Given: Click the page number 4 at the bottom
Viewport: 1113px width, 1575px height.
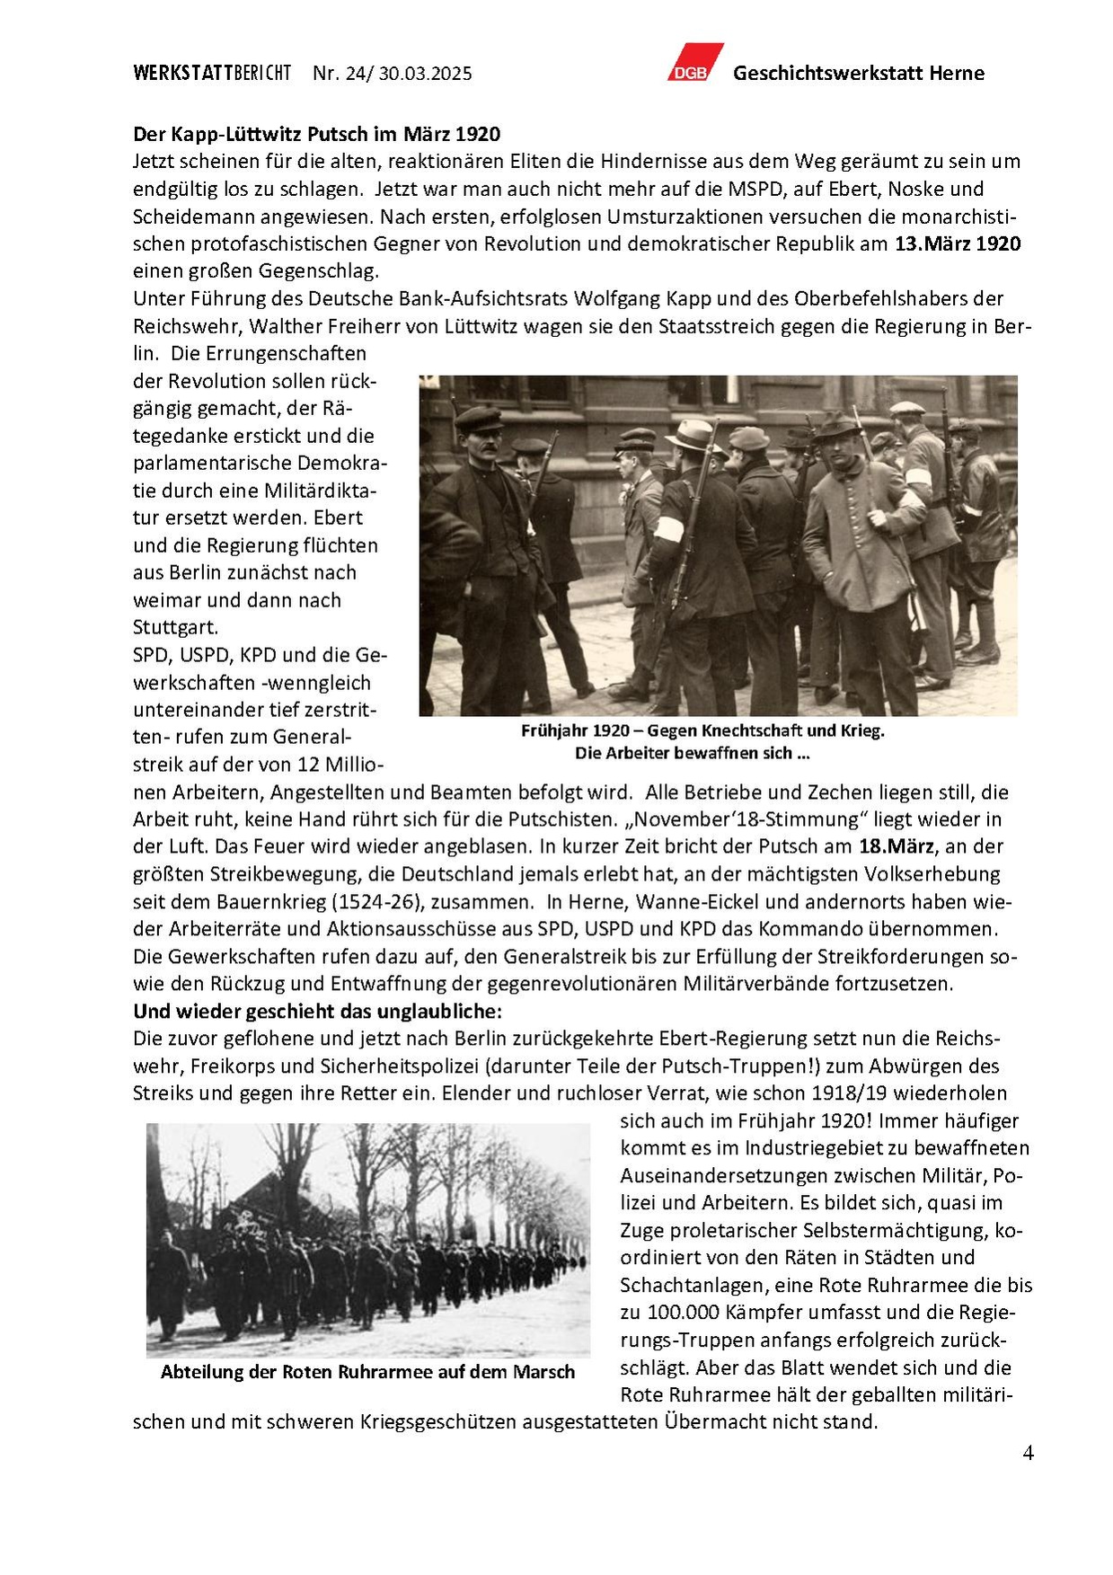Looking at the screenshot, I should coord(1028,1453).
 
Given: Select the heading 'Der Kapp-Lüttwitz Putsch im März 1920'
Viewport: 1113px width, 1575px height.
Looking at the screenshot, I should coord(316,134).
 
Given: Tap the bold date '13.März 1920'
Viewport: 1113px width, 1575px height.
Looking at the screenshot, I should coord(958,243).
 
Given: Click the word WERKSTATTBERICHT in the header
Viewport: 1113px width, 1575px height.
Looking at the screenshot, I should coord(212,74).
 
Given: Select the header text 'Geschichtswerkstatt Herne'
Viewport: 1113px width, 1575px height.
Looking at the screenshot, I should coord(858,74).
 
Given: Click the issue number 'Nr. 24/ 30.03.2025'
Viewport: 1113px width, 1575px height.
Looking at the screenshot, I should coord(392,74).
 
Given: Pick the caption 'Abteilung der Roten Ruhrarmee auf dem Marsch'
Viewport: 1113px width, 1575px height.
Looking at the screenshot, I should coord(367,1372).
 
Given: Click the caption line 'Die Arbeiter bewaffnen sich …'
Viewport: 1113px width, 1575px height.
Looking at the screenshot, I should coord(692,753).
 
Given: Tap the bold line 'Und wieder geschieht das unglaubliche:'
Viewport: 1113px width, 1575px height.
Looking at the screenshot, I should coord(317,1011).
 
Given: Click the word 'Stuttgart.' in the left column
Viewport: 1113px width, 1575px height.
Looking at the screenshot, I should coord(175,626).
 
